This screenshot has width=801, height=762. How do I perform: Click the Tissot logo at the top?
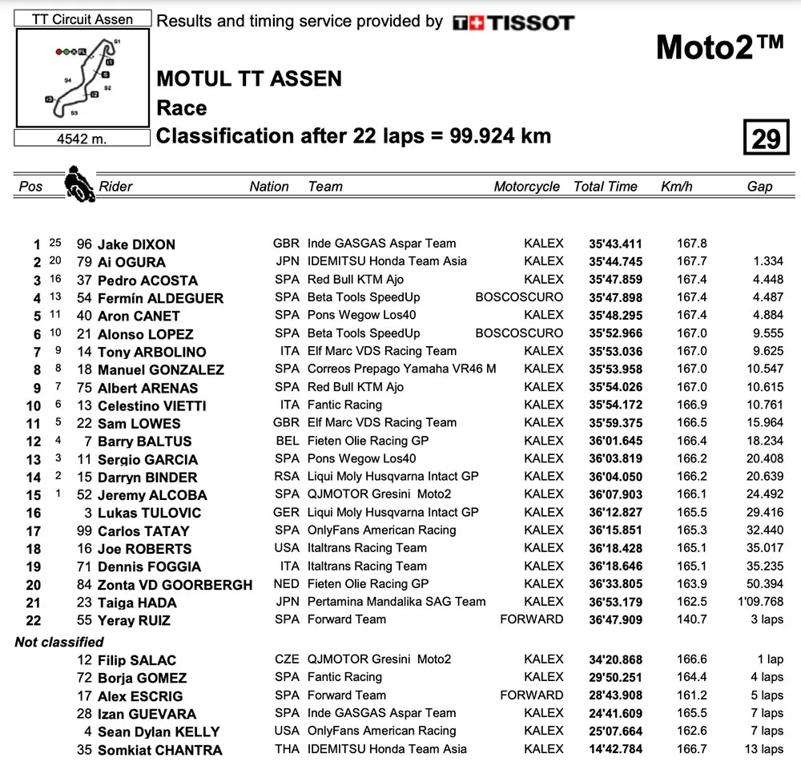[513, 22]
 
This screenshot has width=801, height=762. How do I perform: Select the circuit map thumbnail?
[83, 78]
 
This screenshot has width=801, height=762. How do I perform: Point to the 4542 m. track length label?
[82, 139]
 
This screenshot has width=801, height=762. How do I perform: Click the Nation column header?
[269, 187]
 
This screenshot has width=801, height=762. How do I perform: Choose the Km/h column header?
[677, 187]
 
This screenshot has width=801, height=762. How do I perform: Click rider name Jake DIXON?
[136, 244]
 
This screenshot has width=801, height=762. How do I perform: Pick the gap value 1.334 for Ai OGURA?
[767, 262]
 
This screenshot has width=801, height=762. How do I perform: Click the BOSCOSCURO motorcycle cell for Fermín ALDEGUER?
[519, 297]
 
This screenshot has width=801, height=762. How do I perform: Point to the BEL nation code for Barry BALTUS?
[286, 441]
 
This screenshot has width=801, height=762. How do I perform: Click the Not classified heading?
[59, 642]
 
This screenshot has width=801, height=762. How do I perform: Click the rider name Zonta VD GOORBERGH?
[175, 585]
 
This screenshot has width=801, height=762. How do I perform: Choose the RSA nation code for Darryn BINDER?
[286, 476]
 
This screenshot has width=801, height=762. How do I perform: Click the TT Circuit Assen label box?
[83, 19]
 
